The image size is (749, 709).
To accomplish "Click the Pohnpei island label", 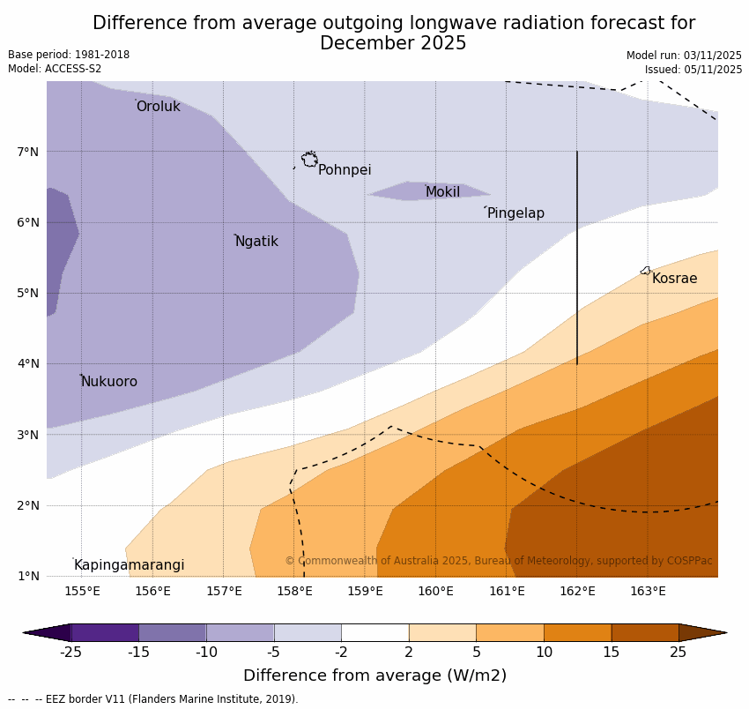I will click(x=345, y=170).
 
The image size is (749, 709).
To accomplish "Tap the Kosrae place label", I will click(x=674, y=279).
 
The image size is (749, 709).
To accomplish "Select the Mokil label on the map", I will click(x=442, y=192).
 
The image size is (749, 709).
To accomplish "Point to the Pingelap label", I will click(x=515, y=213).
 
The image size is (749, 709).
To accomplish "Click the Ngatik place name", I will click(x=256, y=242).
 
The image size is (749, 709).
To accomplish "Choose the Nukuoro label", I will click(x=109, y=382).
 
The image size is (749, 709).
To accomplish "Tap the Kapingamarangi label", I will click(x=129, y=565).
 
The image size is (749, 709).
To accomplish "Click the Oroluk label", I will click(x=159, y=107).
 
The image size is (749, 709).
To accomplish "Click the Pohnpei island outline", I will click(x=309, y=160).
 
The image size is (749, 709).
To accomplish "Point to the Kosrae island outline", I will click(x=646, y=271).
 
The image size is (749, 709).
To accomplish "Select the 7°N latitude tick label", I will click(x=28, y=152).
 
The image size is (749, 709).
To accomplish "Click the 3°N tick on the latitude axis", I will click(x=28, y=435).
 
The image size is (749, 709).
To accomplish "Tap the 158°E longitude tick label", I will click(x=294, y=591).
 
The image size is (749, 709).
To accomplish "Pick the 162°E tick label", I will click(x=577, y=591).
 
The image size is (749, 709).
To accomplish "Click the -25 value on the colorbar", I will click(x=70, y=653).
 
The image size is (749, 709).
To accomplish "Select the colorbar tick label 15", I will click(x=612, y=653).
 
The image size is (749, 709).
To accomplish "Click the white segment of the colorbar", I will click(x=374, y=632).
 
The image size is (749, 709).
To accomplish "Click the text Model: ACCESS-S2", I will click(x=55, y=69).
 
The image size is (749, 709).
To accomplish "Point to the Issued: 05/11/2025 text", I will click(x=693, y=70).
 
